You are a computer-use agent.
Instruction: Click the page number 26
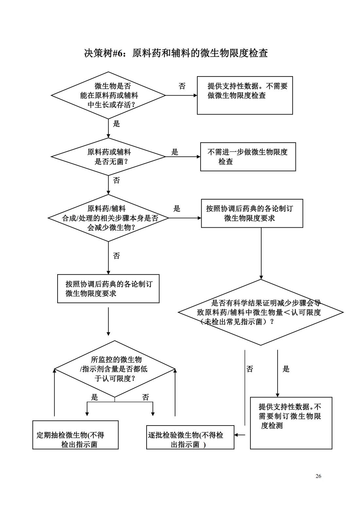tap(318, 476)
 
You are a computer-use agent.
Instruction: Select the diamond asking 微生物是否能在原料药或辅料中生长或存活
tap(108, 96)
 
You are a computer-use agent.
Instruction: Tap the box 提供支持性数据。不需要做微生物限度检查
tap(245, 95)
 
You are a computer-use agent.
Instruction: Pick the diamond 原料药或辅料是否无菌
tap(108, 157)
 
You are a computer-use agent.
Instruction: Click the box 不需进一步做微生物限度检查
tap(248, 157)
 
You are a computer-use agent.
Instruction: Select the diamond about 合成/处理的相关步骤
tap(108, 218)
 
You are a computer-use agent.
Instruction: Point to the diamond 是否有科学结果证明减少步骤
tap(261, 312)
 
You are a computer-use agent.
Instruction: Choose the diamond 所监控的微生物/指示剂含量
tap(115, 369)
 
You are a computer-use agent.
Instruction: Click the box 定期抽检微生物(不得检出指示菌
tap(75, 435)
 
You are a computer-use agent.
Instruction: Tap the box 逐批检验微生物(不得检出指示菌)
tap(190, 437)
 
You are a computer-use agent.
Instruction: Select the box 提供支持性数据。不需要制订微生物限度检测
tap(291, 423)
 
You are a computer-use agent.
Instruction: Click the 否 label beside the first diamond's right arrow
tap(182, 86)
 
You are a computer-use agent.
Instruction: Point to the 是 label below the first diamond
tap(117, 124)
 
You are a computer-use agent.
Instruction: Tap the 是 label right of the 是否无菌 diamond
tap(175, 152)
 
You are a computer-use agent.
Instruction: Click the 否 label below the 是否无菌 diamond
tap(117, 180)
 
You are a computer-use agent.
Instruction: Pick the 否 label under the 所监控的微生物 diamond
tap(146, 397)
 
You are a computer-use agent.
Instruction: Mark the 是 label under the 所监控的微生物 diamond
tap(95, 397)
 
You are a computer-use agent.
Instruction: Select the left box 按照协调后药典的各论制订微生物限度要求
tap(108, 289)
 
